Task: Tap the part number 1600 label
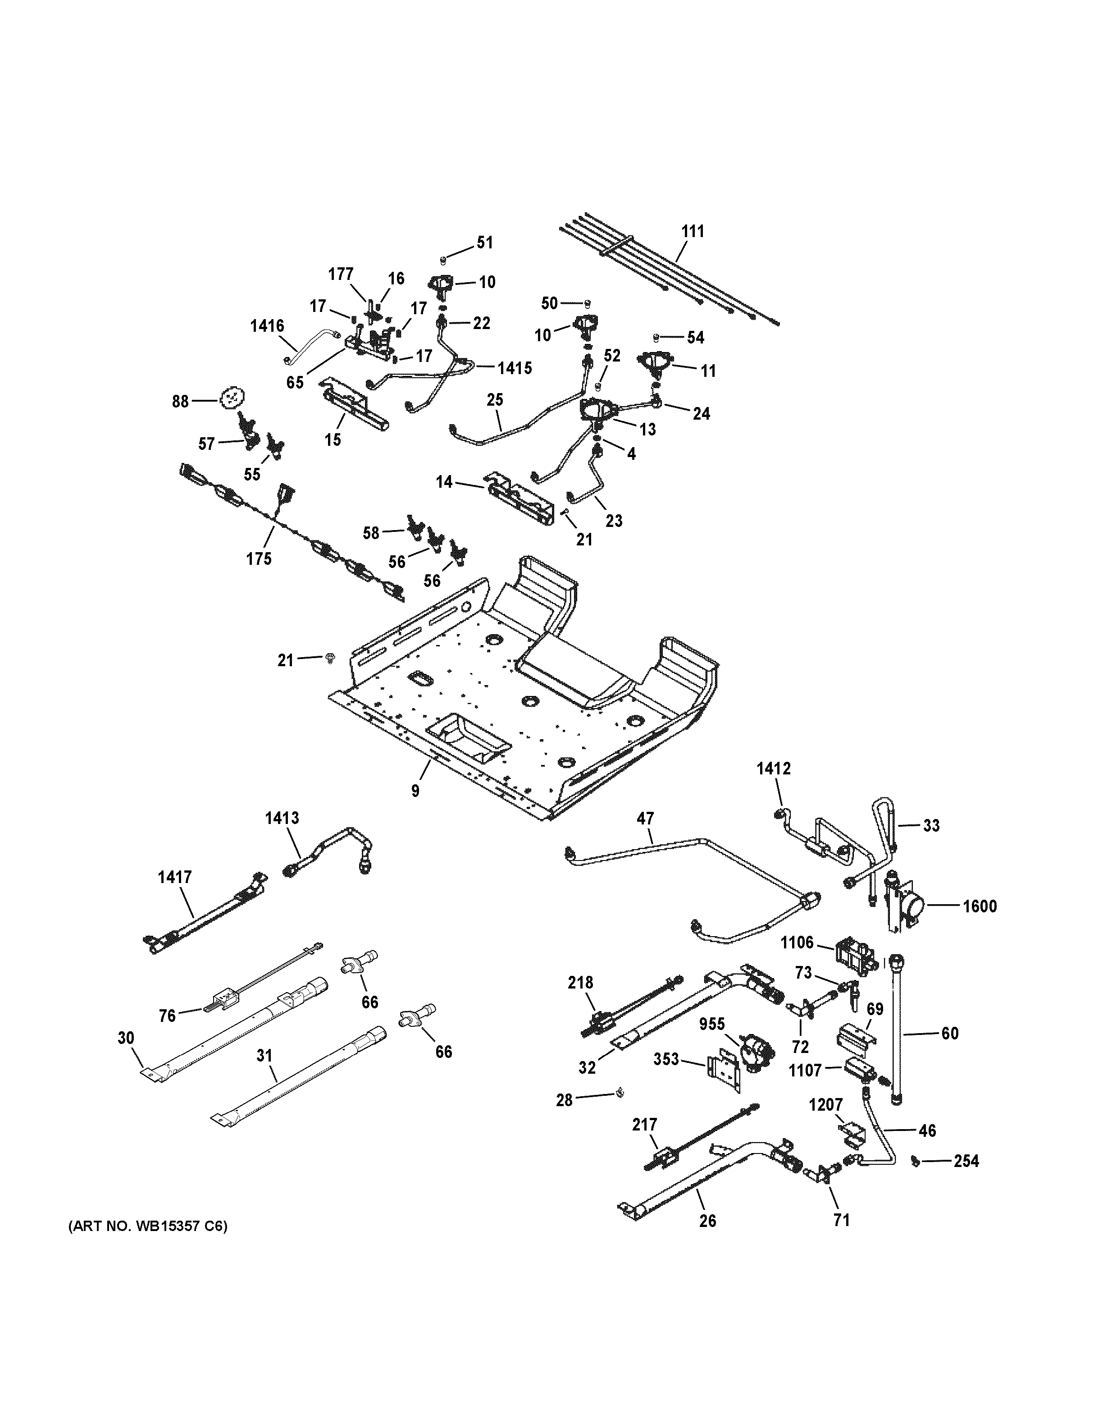(980, 906)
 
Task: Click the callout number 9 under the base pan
(415, 791)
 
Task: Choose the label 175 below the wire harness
(259, 558)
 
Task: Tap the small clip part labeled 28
(617, 1093)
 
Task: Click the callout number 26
(708, 1220)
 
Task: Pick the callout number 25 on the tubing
(495, 399)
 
